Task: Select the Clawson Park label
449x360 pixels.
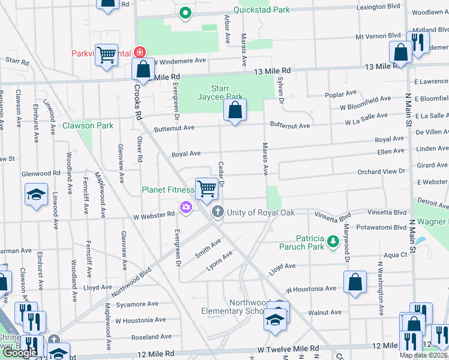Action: tap(88, 126)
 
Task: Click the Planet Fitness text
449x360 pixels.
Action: tap(167, 190)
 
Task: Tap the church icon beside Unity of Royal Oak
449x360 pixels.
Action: tap(217, 212)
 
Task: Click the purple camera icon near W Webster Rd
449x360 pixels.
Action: tap(185, 208)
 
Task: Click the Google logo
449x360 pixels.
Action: tap(20, 353)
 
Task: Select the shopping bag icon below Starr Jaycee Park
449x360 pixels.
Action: tap(235, 110)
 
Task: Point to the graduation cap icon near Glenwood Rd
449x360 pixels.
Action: tap(36, 194)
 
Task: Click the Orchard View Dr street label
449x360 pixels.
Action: tap(381, 172)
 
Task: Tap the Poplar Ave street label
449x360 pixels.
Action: tap(340, 94)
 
